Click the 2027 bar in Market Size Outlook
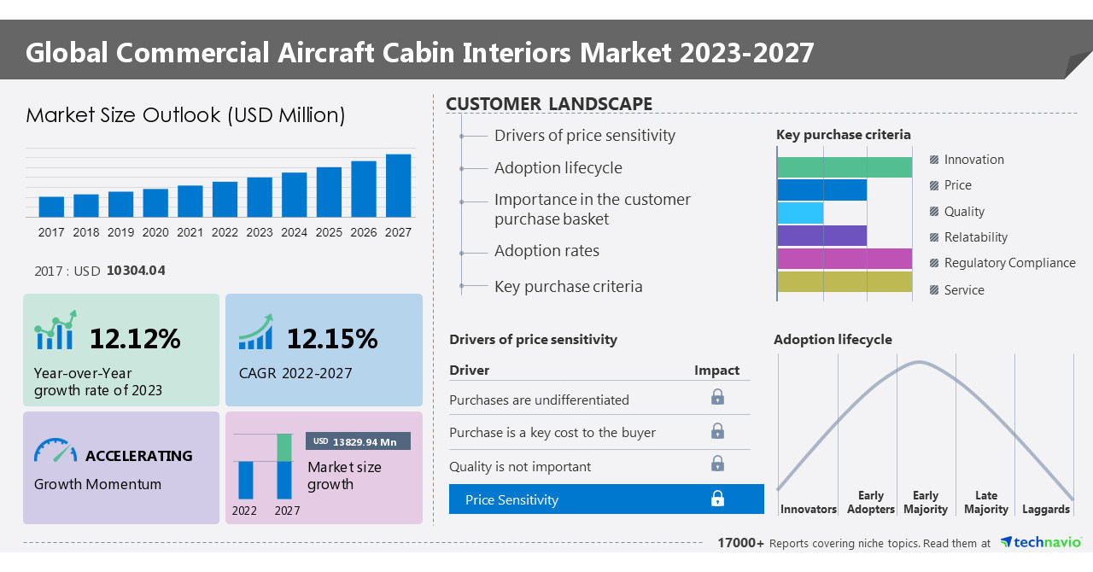(x=398, y=185)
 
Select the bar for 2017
(x=51, y=207)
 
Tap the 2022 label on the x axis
(x=225, y=232)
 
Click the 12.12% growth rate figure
(x=135, y=339)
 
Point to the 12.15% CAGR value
(x=331, y=339)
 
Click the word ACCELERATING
(x=139, y=456)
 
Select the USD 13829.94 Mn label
(x=358, y=441)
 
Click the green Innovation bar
(x=844, y=167)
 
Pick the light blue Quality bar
(x=800, y=213)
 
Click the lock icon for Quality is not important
(x=717, y=464)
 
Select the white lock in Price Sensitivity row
(x=717, y=499)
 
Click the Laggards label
(x=1045, y=509)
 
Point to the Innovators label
(x=808, y=509)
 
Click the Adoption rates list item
(x=546, y=251)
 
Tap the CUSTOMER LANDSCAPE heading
(x=549, y=104)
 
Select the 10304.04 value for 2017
(x=136, y=271)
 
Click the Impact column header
(x=716, y=370)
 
